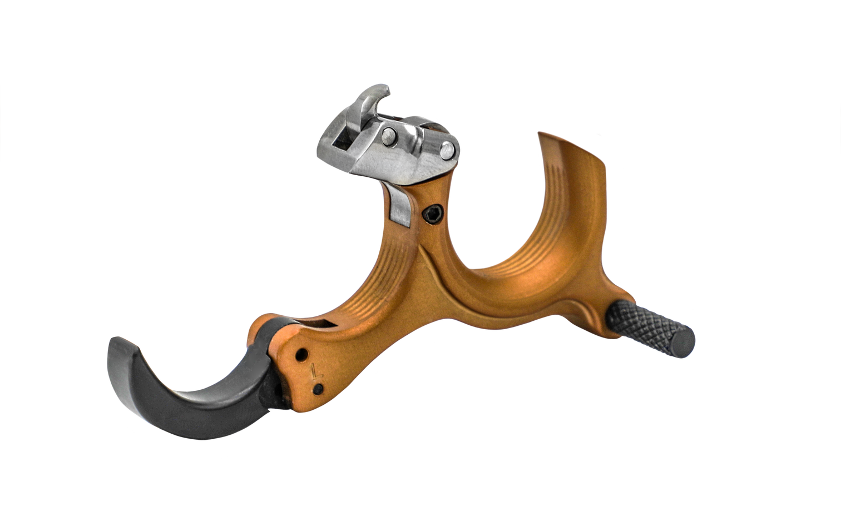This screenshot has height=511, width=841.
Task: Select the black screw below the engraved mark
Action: [x=319, y=389]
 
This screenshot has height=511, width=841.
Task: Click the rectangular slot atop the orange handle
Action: [x=320, y=324]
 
